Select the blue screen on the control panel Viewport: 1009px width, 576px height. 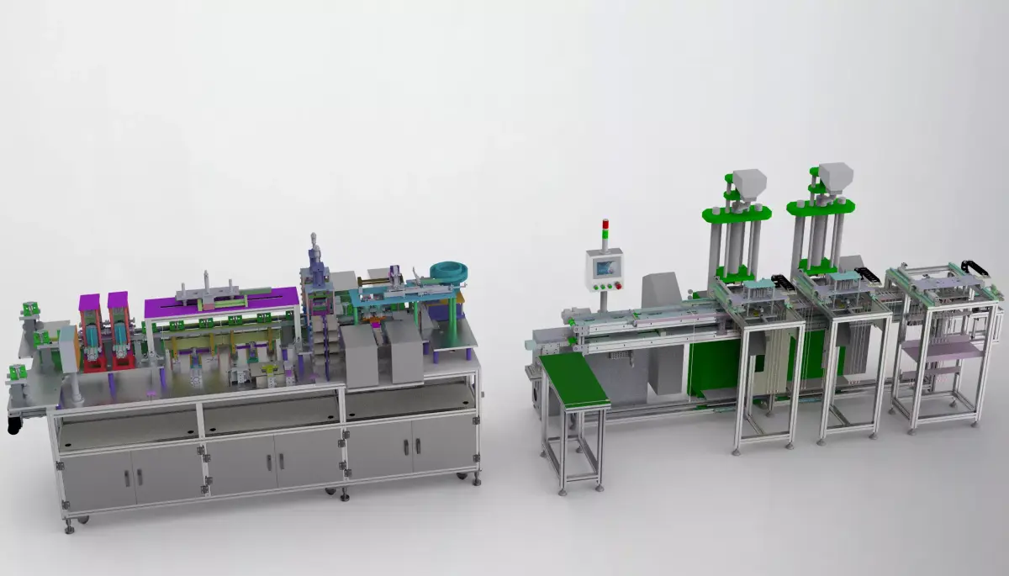[x=605, y=267]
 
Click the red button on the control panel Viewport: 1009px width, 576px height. [x=620, y=286]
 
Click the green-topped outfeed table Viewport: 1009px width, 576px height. [x=573, y=377]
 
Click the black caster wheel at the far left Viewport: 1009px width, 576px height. [x=13, y=425]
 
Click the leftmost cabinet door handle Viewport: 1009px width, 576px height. [x=127, y=478]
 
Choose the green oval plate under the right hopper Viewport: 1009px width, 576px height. [x=821, y=208]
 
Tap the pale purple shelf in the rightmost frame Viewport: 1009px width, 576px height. [x=940, y=347]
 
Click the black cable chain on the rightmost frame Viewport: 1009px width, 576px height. [x=975, y=267]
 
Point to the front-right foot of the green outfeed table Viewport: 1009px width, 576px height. [x=599, y=486]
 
